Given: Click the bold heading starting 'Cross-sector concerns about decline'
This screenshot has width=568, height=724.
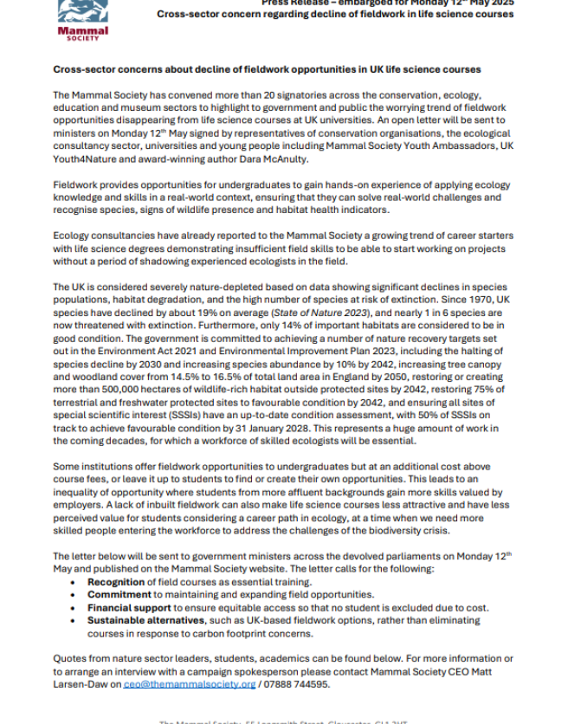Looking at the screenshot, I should (267, 68).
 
